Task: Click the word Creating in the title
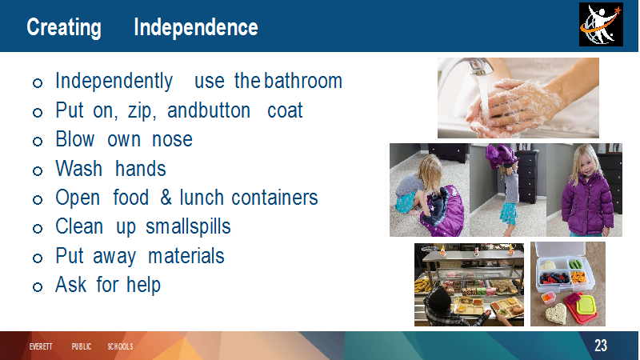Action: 64,28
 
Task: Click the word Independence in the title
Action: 196,27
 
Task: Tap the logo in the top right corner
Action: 601,24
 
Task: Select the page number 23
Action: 601,346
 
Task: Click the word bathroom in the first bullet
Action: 303,81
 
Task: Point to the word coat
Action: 285,110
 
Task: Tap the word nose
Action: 172,139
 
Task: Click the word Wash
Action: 78,169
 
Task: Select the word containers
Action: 274,198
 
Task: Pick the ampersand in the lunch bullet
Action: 166,198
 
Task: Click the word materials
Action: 186,256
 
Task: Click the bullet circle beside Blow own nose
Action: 38,142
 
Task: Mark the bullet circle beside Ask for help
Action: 38,286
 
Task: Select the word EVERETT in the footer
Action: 41,346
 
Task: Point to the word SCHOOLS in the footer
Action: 120,346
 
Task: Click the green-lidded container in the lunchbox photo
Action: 586,305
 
